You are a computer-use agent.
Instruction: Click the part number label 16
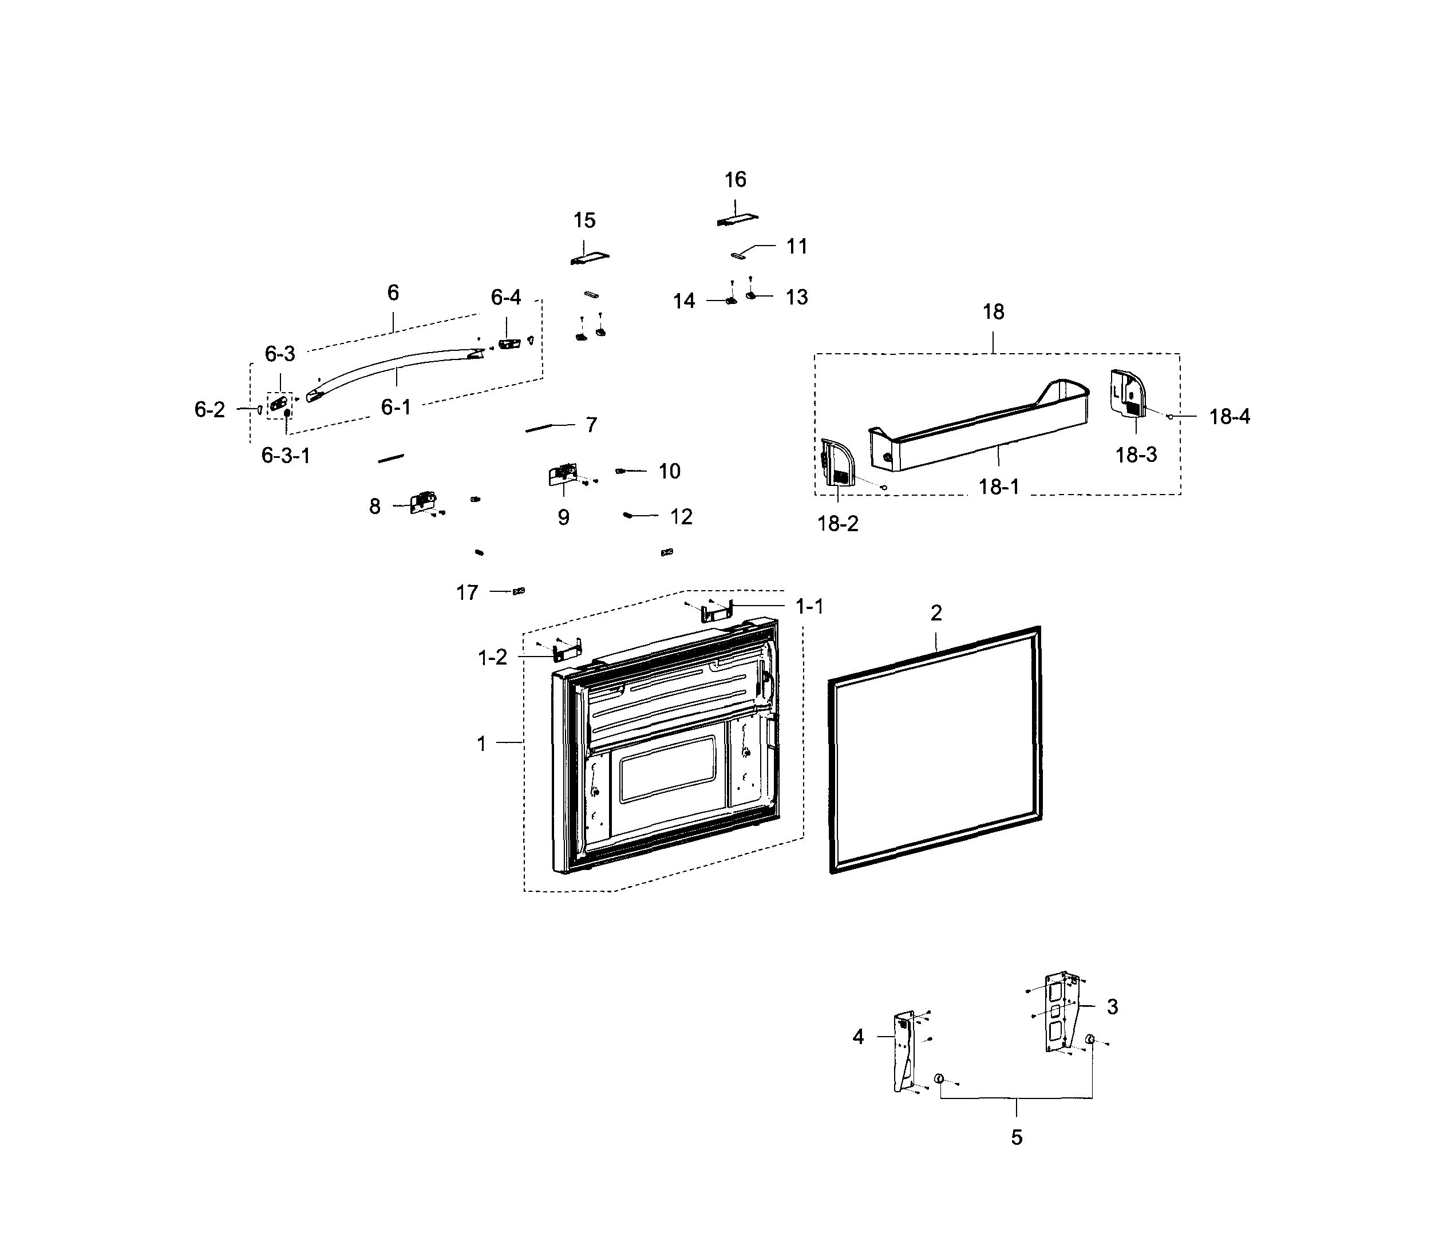click(x=734, y=180)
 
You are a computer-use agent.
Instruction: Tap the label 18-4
click(x=1229, y=417)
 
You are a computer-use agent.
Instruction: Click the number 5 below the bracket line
click(x=1016, y=1137)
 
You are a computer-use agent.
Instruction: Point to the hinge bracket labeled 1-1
click(x=717, y=611)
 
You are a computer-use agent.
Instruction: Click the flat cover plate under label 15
click(x=590, y=258)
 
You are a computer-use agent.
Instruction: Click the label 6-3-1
click(x=286, y=456)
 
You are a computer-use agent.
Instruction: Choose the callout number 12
click(x=681, y=517)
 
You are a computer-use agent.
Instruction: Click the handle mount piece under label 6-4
click(x=509, y=344)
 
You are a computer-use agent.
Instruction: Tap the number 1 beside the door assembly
click(x=481, y=744)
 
